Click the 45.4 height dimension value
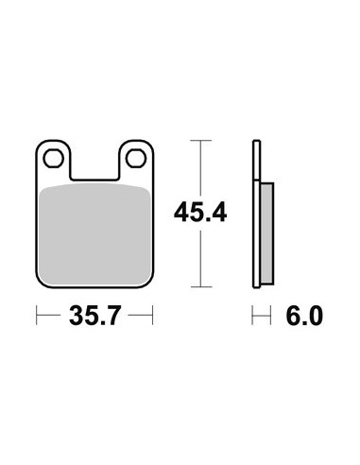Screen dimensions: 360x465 tap(200, 214)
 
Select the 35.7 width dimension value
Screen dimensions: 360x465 tap(94, 316)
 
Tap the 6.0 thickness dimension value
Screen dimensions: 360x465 tap(304, 316)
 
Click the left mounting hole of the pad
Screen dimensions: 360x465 tap(54, 159)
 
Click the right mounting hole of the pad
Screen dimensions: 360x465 tap(136, 159)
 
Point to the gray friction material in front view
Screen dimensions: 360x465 tap(94, 234)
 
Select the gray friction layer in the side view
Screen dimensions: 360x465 tap(267, 233)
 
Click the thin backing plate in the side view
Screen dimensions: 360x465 tap(257, 214)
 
